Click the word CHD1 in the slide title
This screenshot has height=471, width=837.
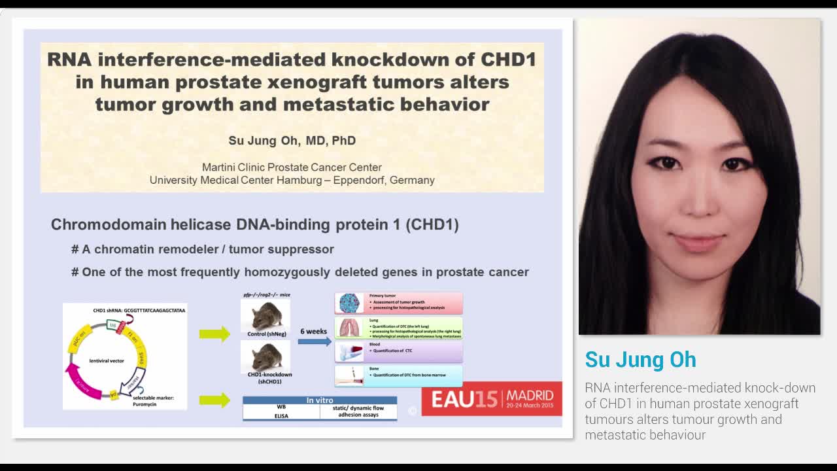coord(508,60)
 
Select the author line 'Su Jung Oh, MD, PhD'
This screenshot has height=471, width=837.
coord(292,141)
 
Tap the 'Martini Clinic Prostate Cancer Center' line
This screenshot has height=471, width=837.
coord(292,167)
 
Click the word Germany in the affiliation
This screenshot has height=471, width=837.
coord(412,180)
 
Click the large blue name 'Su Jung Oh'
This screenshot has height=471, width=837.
coord(640,360)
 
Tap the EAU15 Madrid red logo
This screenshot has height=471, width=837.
coord(492,398)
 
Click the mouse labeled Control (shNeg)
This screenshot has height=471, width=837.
coord(265,315)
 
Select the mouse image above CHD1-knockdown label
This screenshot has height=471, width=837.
coord(265,357)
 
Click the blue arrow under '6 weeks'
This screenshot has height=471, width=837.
coord(314,341)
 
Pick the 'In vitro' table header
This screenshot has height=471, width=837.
coord(320,400)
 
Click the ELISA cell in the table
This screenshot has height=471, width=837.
coord(281,415)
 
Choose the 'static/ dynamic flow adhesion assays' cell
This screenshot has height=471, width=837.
coord(358,411)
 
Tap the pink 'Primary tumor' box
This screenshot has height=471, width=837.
coord(398,303)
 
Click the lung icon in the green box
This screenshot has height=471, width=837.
coord(349,328)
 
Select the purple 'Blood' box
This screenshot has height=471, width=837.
coord(398,351)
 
